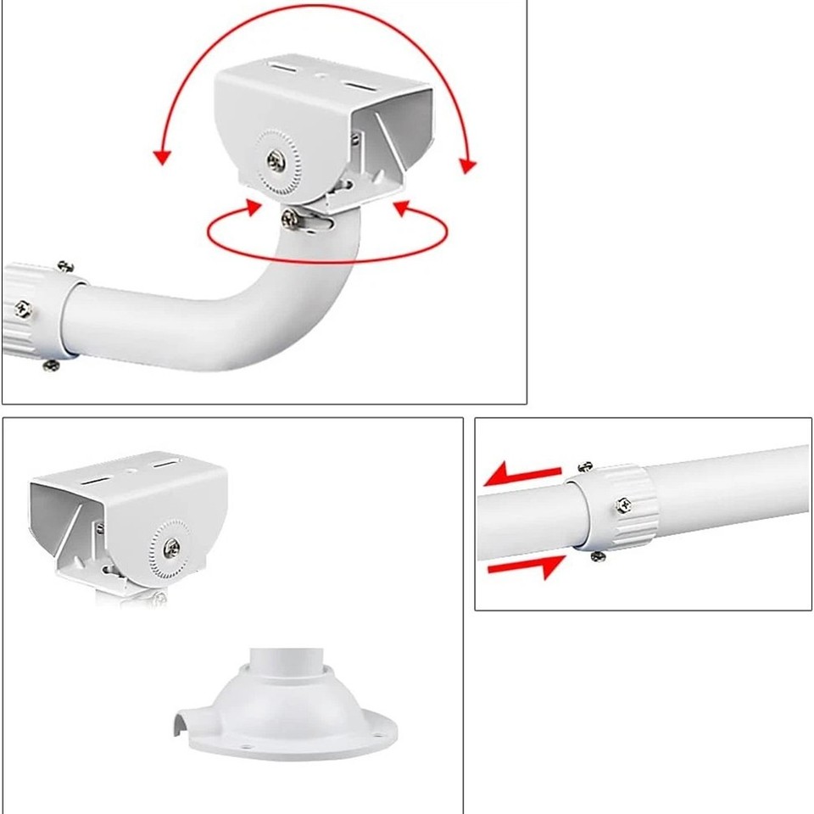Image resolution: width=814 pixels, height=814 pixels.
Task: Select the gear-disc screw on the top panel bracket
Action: tap(276, 159)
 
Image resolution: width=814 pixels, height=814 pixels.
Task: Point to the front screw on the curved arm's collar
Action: tap(23, 309)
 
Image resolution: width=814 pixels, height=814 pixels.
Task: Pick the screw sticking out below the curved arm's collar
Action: tap(51, 365)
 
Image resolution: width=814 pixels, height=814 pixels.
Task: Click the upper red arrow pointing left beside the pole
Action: tap(521, 476)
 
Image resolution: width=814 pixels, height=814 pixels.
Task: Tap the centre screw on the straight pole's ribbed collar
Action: tap(624, 505)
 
